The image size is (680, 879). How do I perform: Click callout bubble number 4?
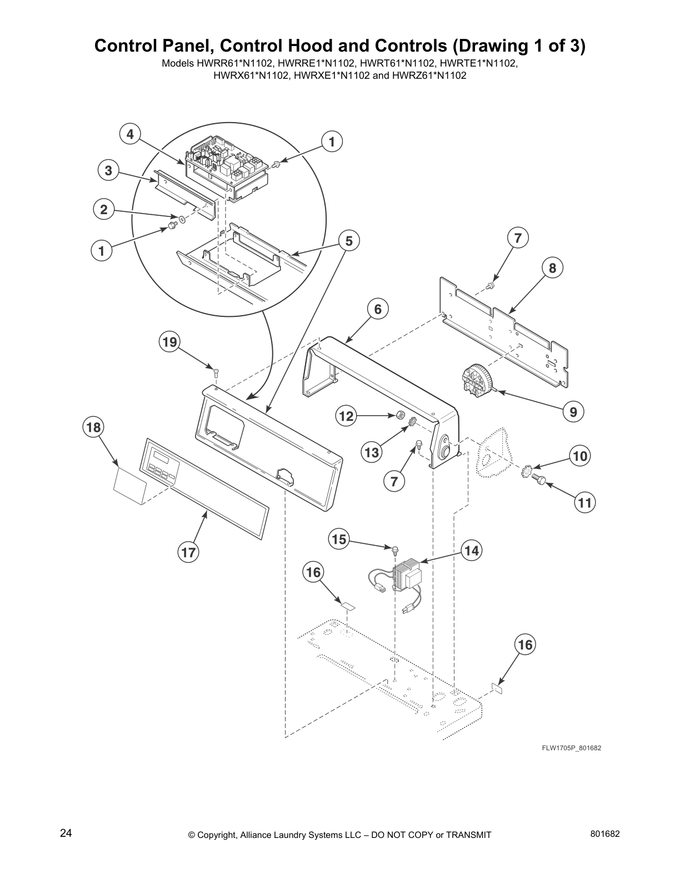pyautogui.click(x=130, y=134)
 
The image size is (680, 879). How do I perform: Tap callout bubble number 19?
pyautogui.click(x=169, y=342)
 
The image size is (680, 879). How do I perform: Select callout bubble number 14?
pyautogui.click(x=471, y=550)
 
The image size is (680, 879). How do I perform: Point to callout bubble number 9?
pyautogui.click(x=573, y=412)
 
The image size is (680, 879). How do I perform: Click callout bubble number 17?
pyautogui.click(x=188, y=552)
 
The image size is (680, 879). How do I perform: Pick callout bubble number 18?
pyautogui.click(x=93, y=427)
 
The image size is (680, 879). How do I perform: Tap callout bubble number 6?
pyautogui.click(x=378, y=309)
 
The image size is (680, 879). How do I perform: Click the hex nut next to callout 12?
pyautogui.click(x=399, y=415)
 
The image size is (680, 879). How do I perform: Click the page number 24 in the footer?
pyautogui.click(x=66, y=833)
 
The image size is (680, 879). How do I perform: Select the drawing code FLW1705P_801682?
pyautogui.click(x=572, y=748)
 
